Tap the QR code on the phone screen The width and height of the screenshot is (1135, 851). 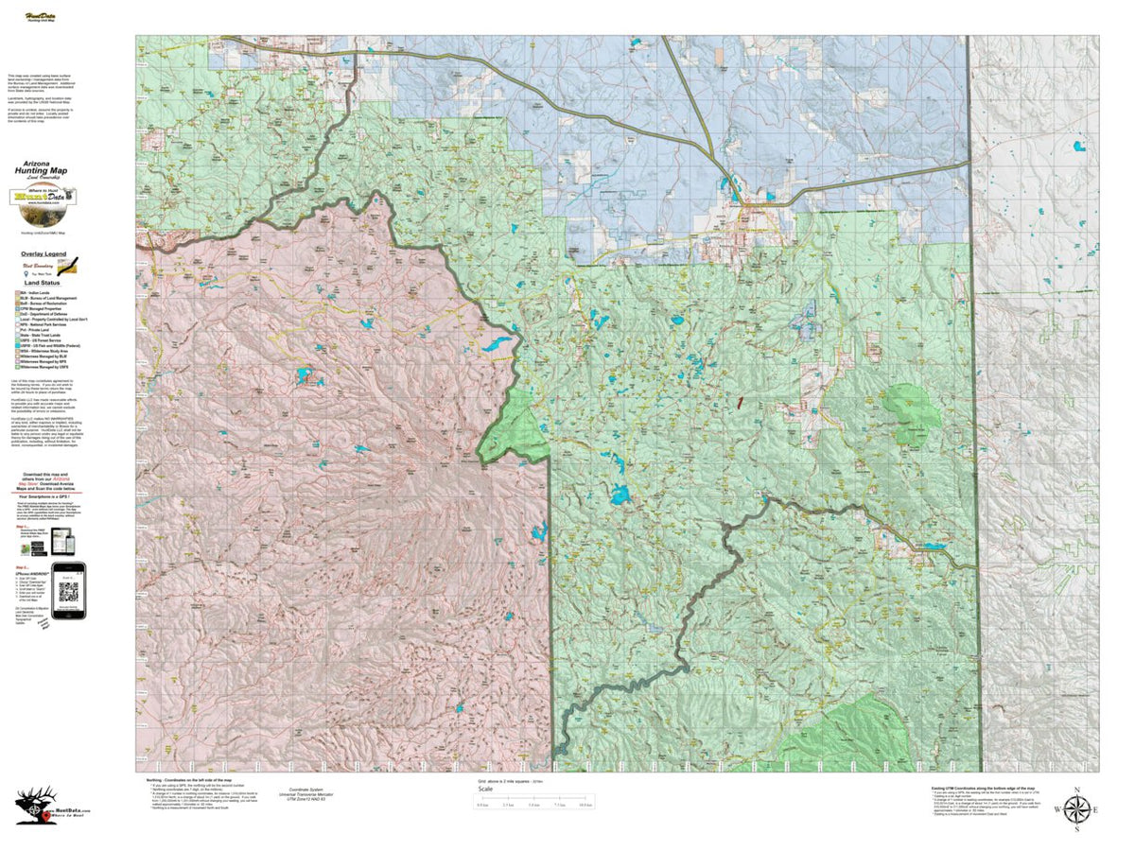(x=68, y=593)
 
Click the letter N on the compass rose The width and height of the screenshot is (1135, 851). (x=1075, y=789)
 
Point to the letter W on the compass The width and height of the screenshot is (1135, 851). (x=1057, y=810)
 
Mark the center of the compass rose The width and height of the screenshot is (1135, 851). (x=1075, y=810)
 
